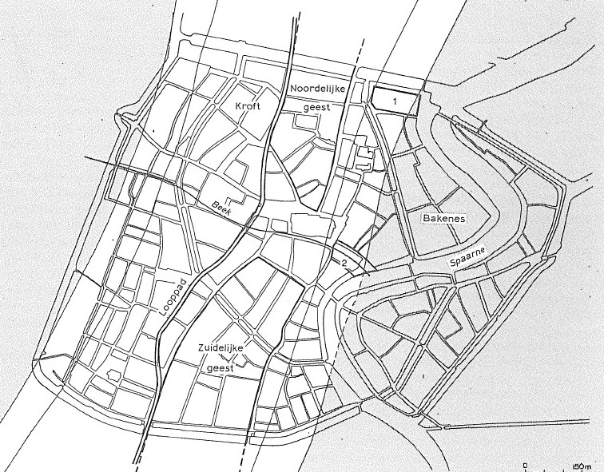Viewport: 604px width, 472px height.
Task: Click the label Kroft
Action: [x=248, y=105]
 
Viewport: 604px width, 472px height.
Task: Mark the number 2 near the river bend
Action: [x=344, y=263]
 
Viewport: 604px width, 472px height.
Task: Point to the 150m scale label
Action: [x=581, y=465]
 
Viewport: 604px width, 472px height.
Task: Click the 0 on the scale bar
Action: [x=525, y=462]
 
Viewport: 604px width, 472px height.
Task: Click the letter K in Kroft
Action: [x=238, y=105]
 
